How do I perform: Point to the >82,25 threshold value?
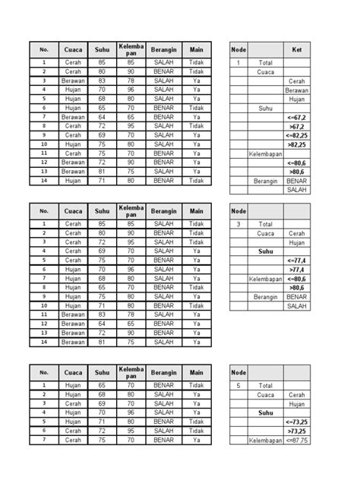tap(295, 144)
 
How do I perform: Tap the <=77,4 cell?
tap(295, 260)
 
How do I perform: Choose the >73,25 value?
tap(295, 431)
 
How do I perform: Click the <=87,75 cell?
tap(295, 440)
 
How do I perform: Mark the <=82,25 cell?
tap(295, 135)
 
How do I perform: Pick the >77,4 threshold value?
tap(295, 269)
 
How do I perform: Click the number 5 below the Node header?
tap(238, 385)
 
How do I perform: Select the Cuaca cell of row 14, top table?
tap(73, 181)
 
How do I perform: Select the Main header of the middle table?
tap(197, 211)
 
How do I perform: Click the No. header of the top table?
tap(44, 50)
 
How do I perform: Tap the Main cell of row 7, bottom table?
tap(197, 440)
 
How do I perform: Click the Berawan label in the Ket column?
tap(296, 90)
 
